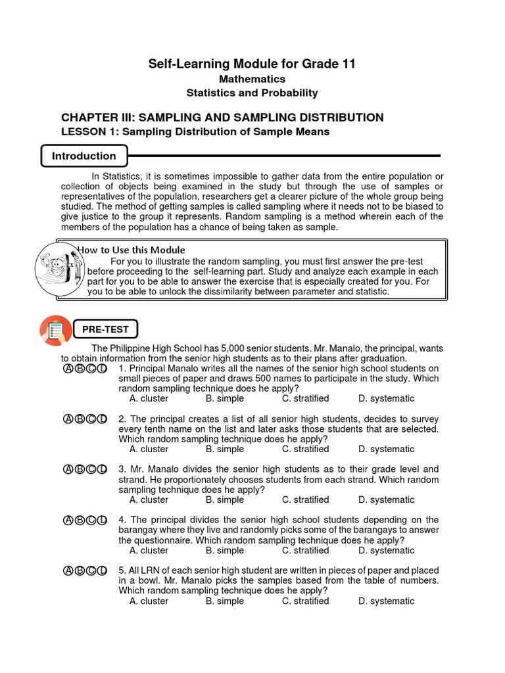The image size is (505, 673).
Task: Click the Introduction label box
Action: (x=84, y=156)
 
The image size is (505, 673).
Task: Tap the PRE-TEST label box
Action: (x=105, y=329)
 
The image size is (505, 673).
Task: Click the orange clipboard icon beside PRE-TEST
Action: (x=55, y=331)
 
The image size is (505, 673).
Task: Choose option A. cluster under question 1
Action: (x=149, y=398)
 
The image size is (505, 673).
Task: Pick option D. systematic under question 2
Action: (x=386, y=449)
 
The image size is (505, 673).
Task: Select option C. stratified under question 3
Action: (x=305, y=499)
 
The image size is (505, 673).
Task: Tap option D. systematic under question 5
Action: (x=386, y=601)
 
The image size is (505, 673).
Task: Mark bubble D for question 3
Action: (x=102, y=470)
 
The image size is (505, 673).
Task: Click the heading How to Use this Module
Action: (x=132, y=250)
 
